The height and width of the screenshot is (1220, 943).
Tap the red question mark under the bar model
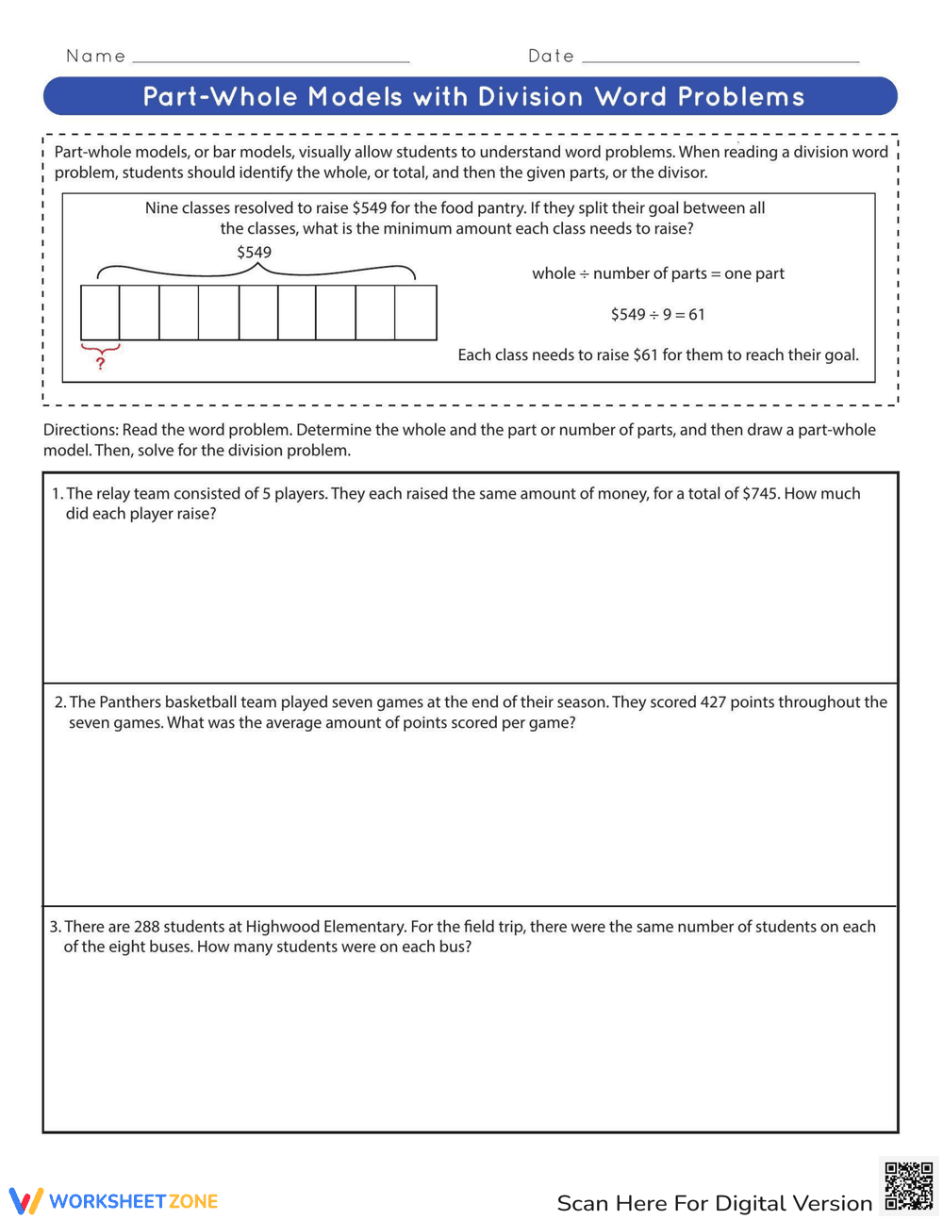point(101,363)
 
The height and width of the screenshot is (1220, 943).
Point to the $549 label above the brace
point(254,253)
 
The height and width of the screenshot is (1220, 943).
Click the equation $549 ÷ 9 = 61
point(657,315)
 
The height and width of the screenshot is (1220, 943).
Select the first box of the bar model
point(100,313)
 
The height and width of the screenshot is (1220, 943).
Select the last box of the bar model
point(416,313)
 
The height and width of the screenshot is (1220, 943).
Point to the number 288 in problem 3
point(146,927)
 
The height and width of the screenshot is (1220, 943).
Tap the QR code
point(908,1186)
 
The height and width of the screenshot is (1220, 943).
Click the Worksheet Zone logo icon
point(25,1200)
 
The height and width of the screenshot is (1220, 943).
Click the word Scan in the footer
point(583,1204)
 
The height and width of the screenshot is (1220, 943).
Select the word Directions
point(80,430)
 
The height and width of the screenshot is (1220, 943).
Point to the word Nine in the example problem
point(161,208)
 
